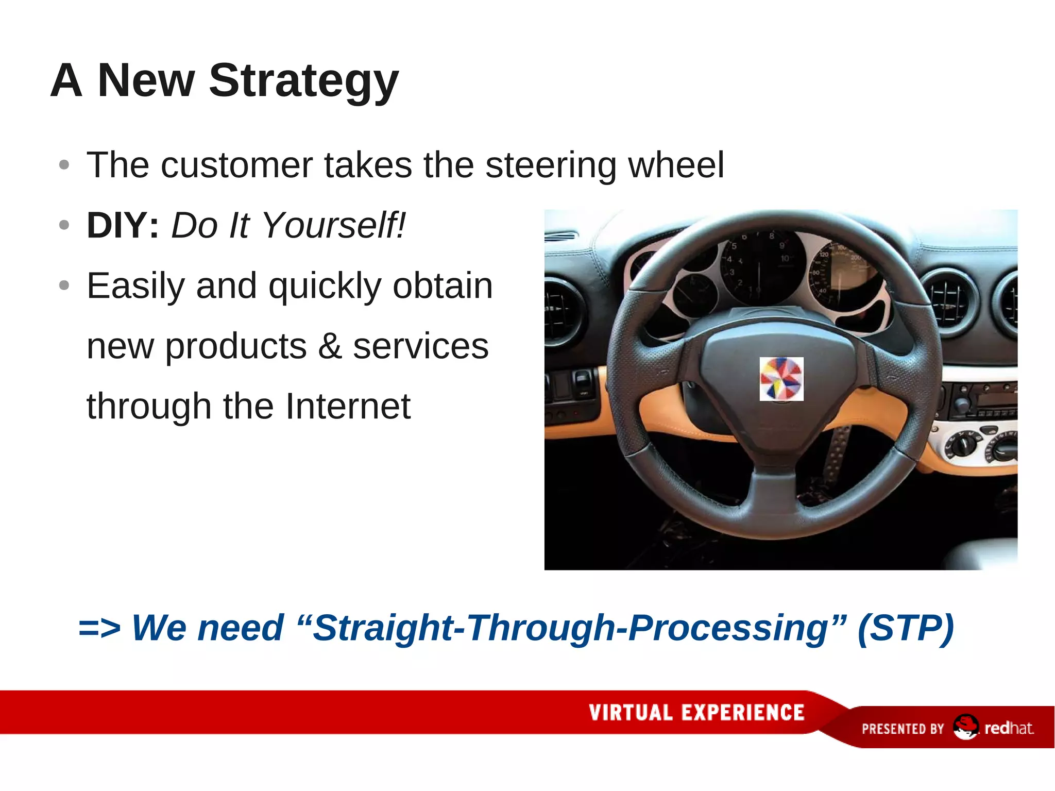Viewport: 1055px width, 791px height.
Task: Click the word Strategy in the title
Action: pyautogui.click(x=304, y=81)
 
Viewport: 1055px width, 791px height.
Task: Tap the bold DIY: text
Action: pyautogui.click(x=123, y=226)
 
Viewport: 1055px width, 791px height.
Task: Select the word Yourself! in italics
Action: pyautogui.click(x=334, y=226)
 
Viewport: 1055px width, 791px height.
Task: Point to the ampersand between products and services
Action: pyautogui.click(x=330, y=346)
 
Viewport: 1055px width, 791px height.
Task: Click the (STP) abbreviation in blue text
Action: pyautogui.click(x=905, y=628)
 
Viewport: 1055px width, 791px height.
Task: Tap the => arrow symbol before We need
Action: pyautogui.click(x=99, y=629)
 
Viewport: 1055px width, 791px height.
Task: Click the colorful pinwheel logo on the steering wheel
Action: pyautogui.click(x=781, y=379)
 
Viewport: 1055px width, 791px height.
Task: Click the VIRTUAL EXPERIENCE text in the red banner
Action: pyautogui.click(x=696, y=713)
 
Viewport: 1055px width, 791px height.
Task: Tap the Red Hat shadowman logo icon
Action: pyautogui.click(x=965, y=727)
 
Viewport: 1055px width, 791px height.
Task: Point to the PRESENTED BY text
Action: pyautogui.click(x=903, y=729)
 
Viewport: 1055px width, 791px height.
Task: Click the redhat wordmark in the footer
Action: pyautogui.click(x=1009, y=728)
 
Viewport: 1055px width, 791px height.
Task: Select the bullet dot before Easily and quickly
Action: pyautogui.click(x=64, y=285)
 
